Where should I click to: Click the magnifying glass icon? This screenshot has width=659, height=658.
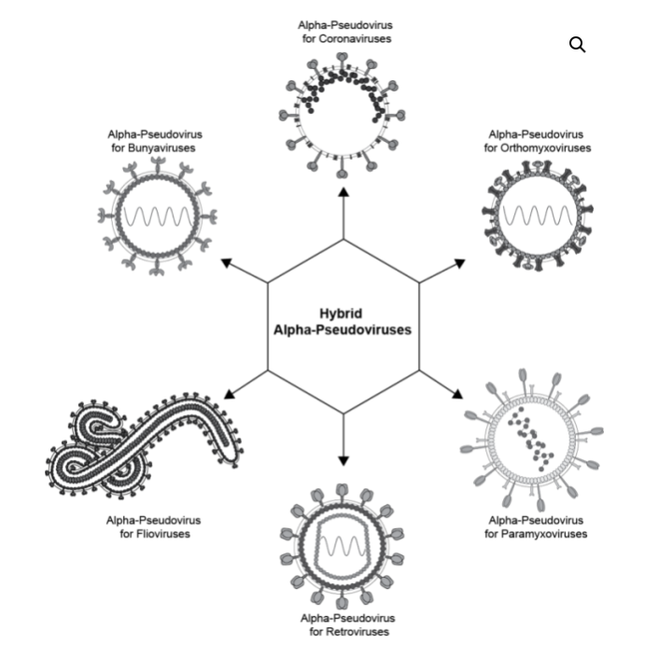pyautogui.click(x=577, y=45)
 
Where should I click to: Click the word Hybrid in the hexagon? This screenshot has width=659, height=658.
pyautogui.click(x=343, y=315)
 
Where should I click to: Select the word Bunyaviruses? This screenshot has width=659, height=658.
pyautogui.click(x=154, y=147)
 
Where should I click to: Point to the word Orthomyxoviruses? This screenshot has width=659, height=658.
pyautogui.click(x=538, y=147)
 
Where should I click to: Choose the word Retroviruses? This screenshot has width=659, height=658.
pyautogui.click(x=348, y=632)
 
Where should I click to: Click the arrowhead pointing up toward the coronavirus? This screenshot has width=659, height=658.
pyautogui.click(x=344, y=191)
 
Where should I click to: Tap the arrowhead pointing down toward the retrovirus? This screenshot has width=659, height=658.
pyautogui.click(x=344, y=460)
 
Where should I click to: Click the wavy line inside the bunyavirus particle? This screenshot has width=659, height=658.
pyautogui.click(x=160, y=217)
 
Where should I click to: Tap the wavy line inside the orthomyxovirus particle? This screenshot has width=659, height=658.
pyautogui.click(x=537, y=216)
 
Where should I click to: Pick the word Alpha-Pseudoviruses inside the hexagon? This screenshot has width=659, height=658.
pyautogui.click(x=343, y=329)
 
